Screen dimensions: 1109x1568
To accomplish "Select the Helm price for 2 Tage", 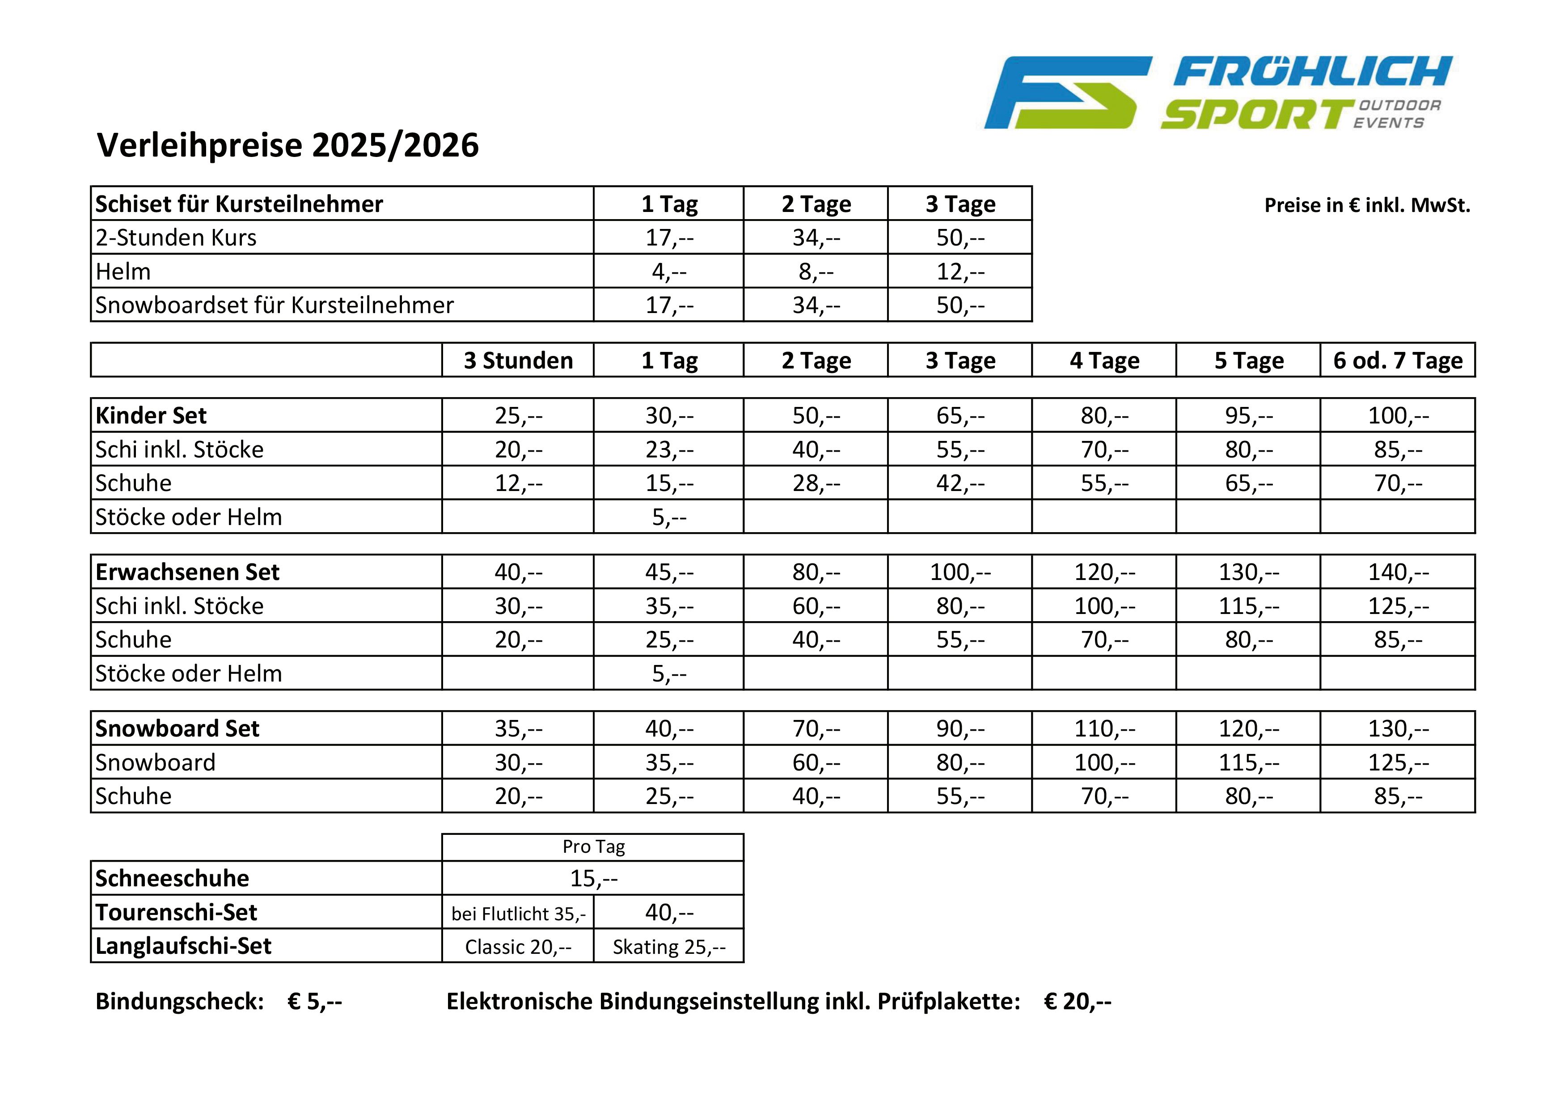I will point(816,272).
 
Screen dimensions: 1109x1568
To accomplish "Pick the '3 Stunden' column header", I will point(518,360).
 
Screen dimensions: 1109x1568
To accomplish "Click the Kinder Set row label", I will point(151,416).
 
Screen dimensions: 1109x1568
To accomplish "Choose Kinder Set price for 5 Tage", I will point(1248,416).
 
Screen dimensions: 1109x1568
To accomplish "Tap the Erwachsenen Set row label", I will point(187,572).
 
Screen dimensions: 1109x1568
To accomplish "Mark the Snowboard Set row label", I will point(177,728).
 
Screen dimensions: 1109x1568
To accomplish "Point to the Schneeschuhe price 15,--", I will point(593,878).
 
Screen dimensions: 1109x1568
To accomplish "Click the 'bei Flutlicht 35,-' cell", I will point(518,913).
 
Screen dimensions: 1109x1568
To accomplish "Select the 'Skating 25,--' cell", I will point(668,947).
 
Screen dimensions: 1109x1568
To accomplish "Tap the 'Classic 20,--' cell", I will point(518,947).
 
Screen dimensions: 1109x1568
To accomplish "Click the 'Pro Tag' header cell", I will point(593,847).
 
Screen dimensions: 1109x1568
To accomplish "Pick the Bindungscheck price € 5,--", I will point(314,1002).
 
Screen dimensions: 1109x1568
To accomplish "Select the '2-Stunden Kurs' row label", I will point(176,237).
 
